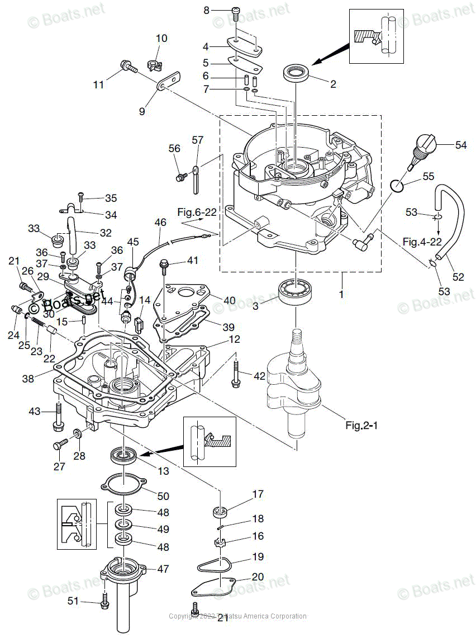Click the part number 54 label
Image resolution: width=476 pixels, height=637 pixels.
pos(460,145)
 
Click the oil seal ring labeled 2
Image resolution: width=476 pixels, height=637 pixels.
pos(297,73)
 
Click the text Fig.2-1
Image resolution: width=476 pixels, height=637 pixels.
pos(361,426)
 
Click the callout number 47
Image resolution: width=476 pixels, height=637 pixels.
pos(163,569)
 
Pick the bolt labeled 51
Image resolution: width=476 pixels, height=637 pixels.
pos(104,602)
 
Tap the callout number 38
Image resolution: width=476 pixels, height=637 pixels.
pos(28,379)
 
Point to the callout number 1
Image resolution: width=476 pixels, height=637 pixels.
pos(341,292)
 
